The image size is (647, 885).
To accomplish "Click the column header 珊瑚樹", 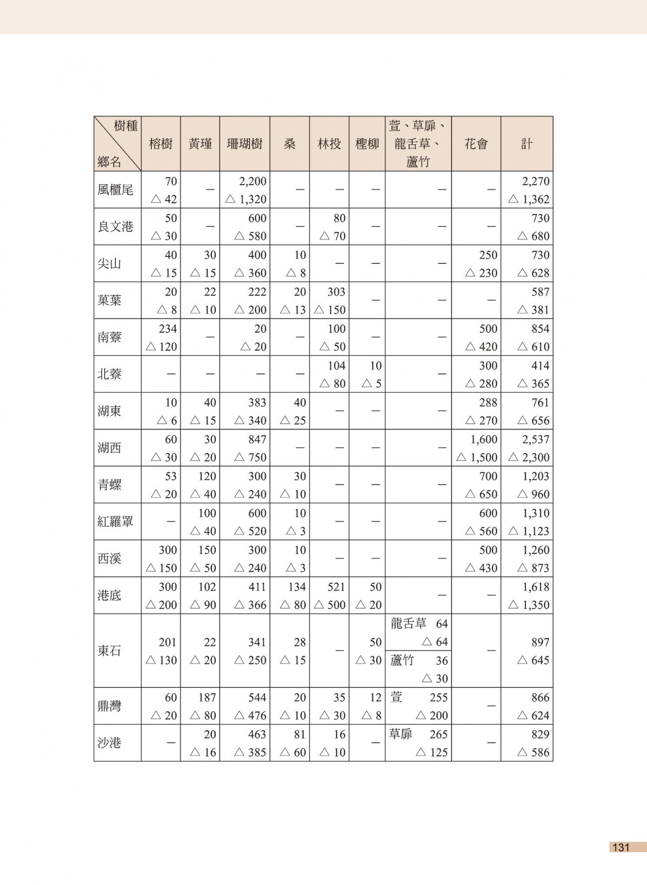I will [x=244, y=144].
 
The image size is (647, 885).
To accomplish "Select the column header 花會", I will [x=476, y=144].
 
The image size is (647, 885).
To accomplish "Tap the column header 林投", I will [x=329, y=144].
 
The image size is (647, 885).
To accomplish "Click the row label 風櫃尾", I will [x=115, y=190].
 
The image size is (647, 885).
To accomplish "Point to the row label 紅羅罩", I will [x=115, y=522].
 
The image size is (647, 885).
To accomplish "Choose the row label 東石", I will [x=109, y=651].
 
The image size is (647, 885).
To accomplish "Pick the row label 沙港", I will [x=109, y=743].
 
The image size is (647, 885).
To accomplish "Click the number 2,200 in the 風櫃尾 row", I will [x=252, y=181].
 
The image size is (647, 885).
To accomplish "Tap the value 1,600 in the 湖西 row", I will [x=483, y=440].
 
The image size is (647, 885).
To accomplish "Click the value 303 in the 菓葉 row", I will [x=336, y=292].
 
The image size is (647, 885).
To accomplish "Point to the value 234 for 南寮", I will [x=168, y=329].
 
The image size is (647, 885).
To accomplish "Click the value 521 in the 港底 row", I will [x=336, y=587].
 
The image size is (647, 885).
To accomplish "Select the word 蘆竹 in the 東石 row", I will [x=402, y=660].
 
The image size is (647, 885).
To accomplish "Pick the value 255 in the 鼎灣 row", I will [x=438, y=697].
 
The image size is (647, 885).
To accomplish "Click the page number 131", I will [x=621, y=848].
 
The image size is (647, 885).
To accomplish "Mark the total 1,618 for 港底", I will [x=536, y=587].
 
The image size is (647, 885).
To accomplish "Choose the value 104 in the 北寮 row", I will [x=336, y=365].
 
